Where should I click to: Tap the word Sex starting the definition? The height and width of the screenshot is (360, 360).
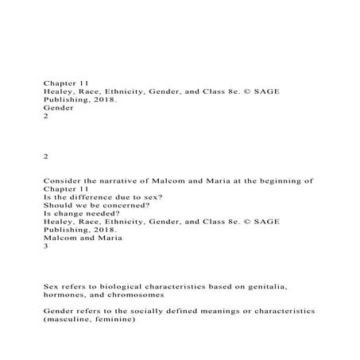pyautogui.click(x=52, y=285)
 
